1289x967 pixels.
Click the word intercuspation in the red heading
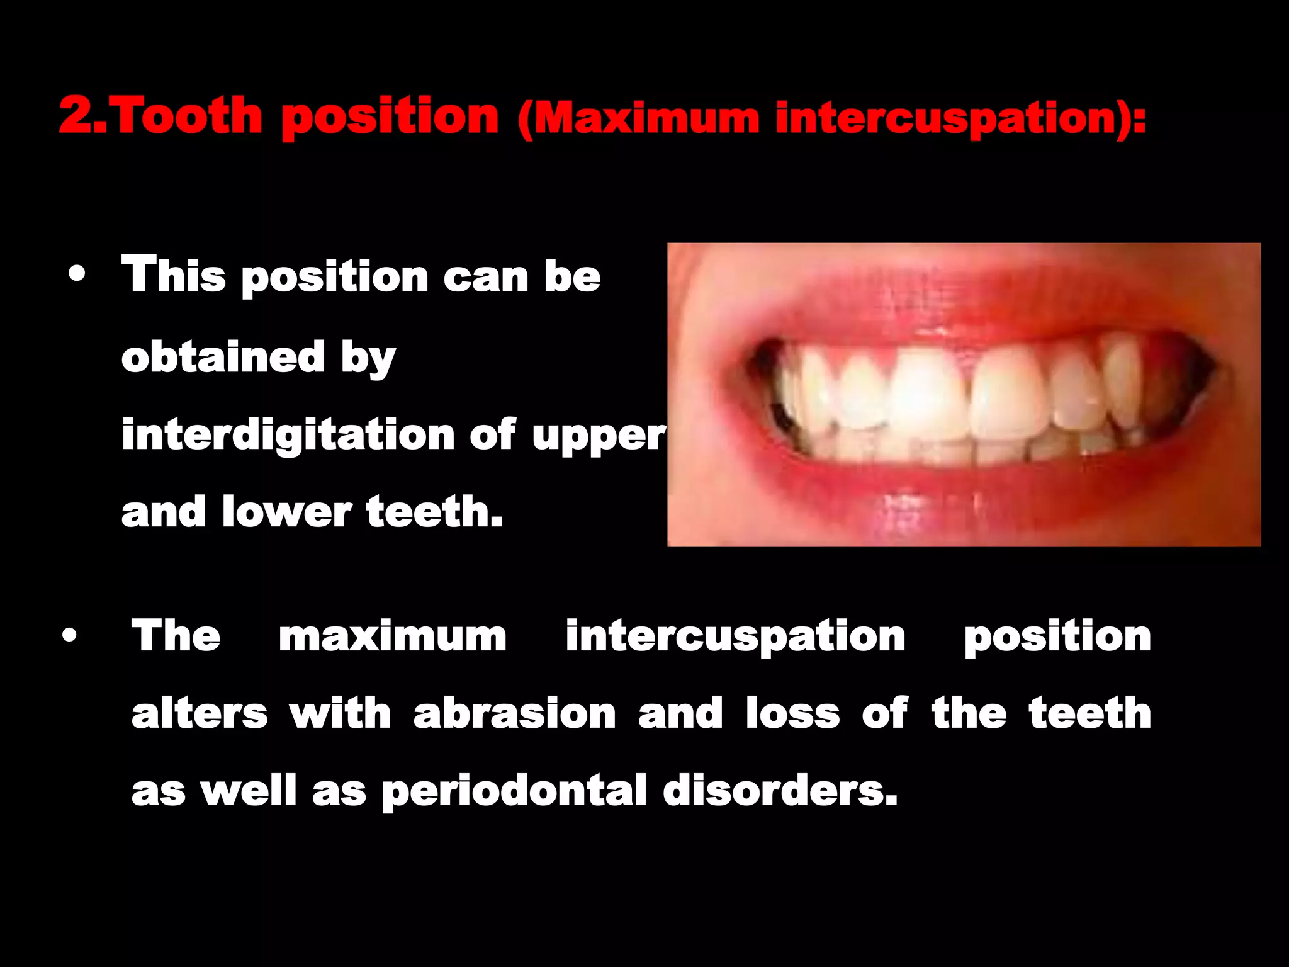point(946,118)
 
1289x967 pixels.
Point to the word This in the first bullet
point(174,274)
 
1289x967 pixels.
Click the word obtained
point(223,357)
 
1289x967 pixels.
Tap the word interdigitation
point(288,435)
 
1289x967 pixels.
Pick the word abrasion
point(514,714)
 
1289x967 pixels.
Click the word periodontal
point(514,792)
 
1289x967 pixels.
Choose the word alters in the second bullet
point(200,714)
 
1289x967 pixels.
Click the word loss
point(792,714)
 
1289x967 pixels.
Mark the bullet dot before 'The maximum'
point(70,636)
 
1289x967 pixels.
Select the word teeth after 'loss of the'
point(1090,714)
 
